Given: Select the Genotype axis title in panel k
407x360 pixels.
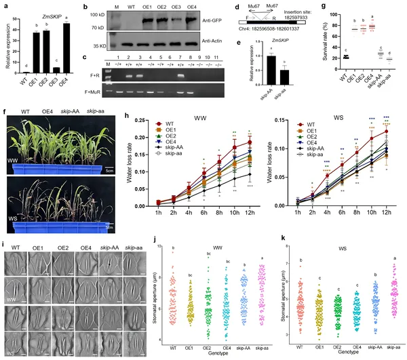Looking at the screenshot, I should (341, 353).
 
